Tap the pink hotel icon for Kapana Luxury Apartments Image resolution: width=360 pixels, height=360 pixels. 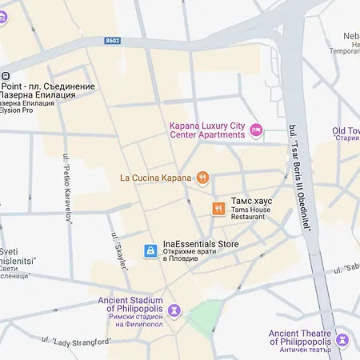tap(256, 130)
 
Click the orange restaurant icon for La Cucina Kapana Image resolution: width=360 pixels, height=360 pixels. tap(202, 178)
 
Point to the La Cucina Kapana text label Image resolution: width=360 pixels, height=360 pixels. tap(156, 178)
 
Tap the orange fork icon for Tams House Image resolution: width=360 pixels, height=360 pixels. tap(218, 209)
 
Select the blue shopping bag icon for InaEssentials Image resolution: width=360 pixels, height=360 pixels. tap(150, 251)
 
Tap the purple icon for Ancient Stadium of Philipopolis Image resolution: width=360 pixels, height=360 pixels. tap(174, 310)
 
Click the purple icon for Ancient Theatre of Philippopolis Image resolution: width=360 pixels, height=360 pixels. tap(342, 339)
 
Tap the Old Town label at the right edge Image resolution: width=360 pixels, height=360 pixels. tap(346, 130)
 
